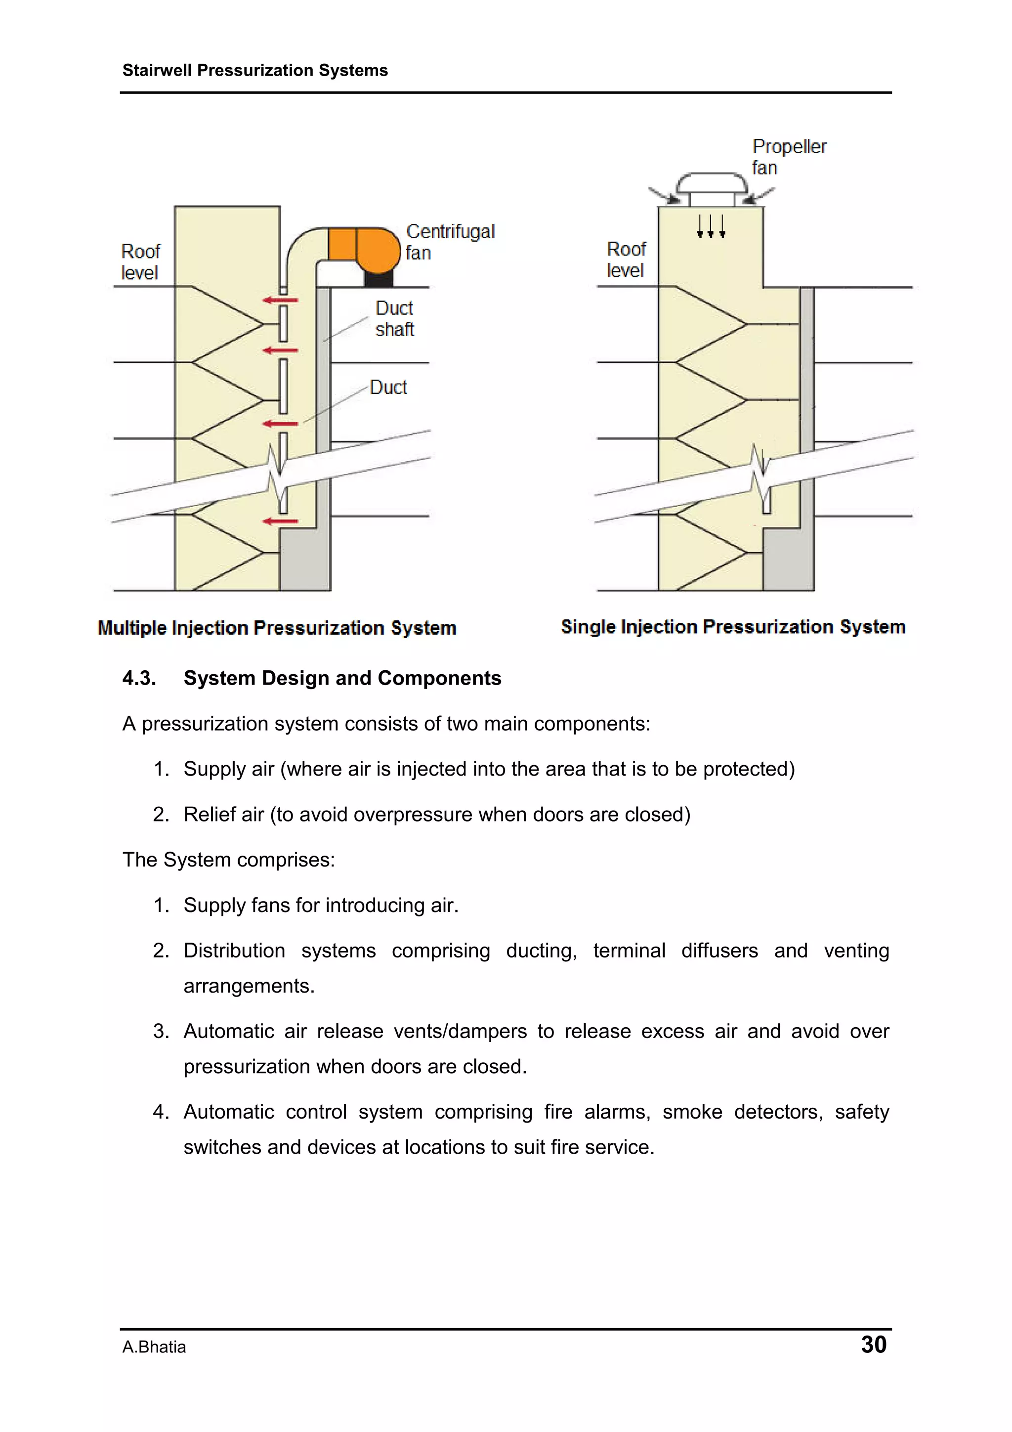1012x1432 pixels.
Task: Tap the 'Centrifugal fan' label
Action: point(450,242)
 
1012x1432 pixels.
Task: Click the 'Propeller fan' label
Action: point(788,157)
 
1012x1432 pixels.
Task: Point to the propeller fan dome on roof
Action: point(712,183)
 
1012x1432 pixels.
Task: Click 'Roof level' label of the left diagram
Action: point(140,262)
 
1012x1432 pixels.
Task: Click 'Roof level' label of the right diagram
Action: point(626,260)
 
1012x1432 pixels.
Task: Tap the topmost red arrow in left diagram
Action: point(280,301)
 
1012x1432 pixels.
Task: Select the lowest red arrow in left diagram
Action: point(280,521)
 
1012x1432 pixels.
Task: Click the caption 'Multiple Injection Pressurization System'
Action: point(277,628)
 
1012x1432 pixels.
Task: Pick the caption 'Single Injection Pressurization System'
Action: point(733,627)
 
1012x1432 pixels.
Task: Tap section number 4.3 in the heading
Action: point(139,678)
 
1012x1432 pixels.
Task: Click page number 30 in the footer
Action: point(873,1344)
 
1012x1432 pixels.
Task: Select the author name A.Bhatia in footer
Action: point(154,1347)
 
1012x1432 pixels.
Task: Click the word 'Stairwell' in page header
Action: point(157,71)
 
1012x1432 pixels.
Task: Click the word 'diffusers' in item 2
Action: point(719,951)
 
